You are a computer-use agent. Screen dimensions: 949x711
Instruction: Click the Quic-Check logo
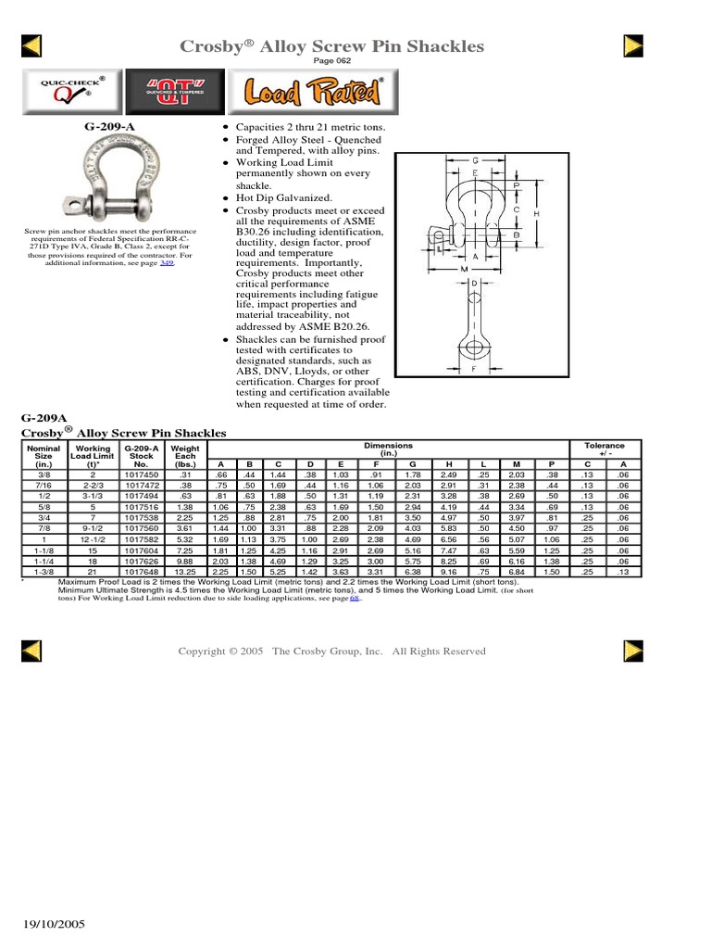pyautogui.click(x=66, y=91)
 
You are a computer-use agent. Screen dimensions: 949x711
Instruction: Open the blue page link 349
pyautogui.click(x=167, y=263)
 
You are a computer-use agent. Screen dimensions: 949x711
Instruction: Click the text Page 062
pyautogui.click(x=355, y=61)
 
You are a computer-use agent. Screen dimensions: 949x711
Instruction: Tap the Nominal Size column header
pyautogui.click(x=44, y=456)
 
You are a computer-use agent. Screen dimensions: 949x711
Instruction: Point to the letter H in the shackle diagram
pyautogui.click(x=537, y=213)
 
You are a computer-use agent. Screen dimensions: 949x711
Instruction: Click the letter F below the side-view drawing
pyautogui.click(x=474, y=369)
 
